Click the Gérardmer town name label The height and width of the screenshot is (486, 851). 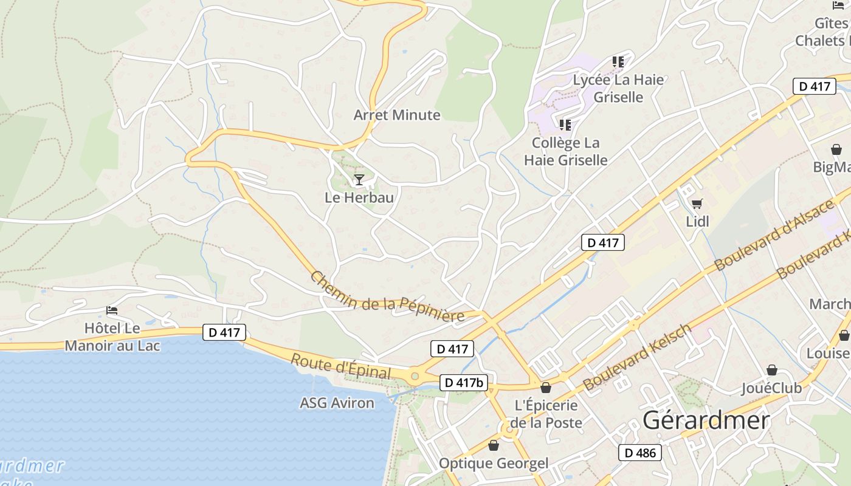706,420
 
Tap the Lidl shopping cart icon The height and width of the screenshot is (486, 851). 697,204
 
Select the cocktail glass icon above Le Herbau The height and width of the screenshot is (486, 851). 359,180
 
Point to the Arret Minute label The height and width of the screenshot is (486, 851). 397,115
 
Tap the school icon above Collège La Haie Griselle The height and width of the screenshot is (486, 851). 565,125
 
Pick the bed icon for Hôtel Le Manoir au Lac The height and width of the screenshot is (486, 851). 112,310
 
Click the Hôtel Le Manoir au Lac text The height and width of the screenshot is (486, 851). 112,337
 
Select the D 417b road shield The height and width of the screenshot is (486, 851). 463,383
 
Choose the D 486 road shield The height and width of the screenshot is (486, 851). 640,453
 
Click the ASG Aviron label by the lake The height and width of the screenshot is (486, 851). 337,403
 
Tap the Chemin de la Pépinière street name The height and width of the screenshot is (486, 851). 387,298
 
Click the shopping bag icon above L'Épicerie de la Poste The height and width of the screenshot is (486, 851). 546,388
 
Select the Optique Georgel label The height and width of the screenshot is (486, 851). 493,464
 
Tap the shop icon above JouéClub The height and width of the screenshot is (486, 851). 771,370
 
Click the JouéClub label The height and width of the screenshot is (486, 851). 771,388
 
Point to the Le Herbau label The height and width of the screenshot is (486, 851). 359,197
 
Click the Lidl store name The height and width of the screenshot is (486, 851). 697,222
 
